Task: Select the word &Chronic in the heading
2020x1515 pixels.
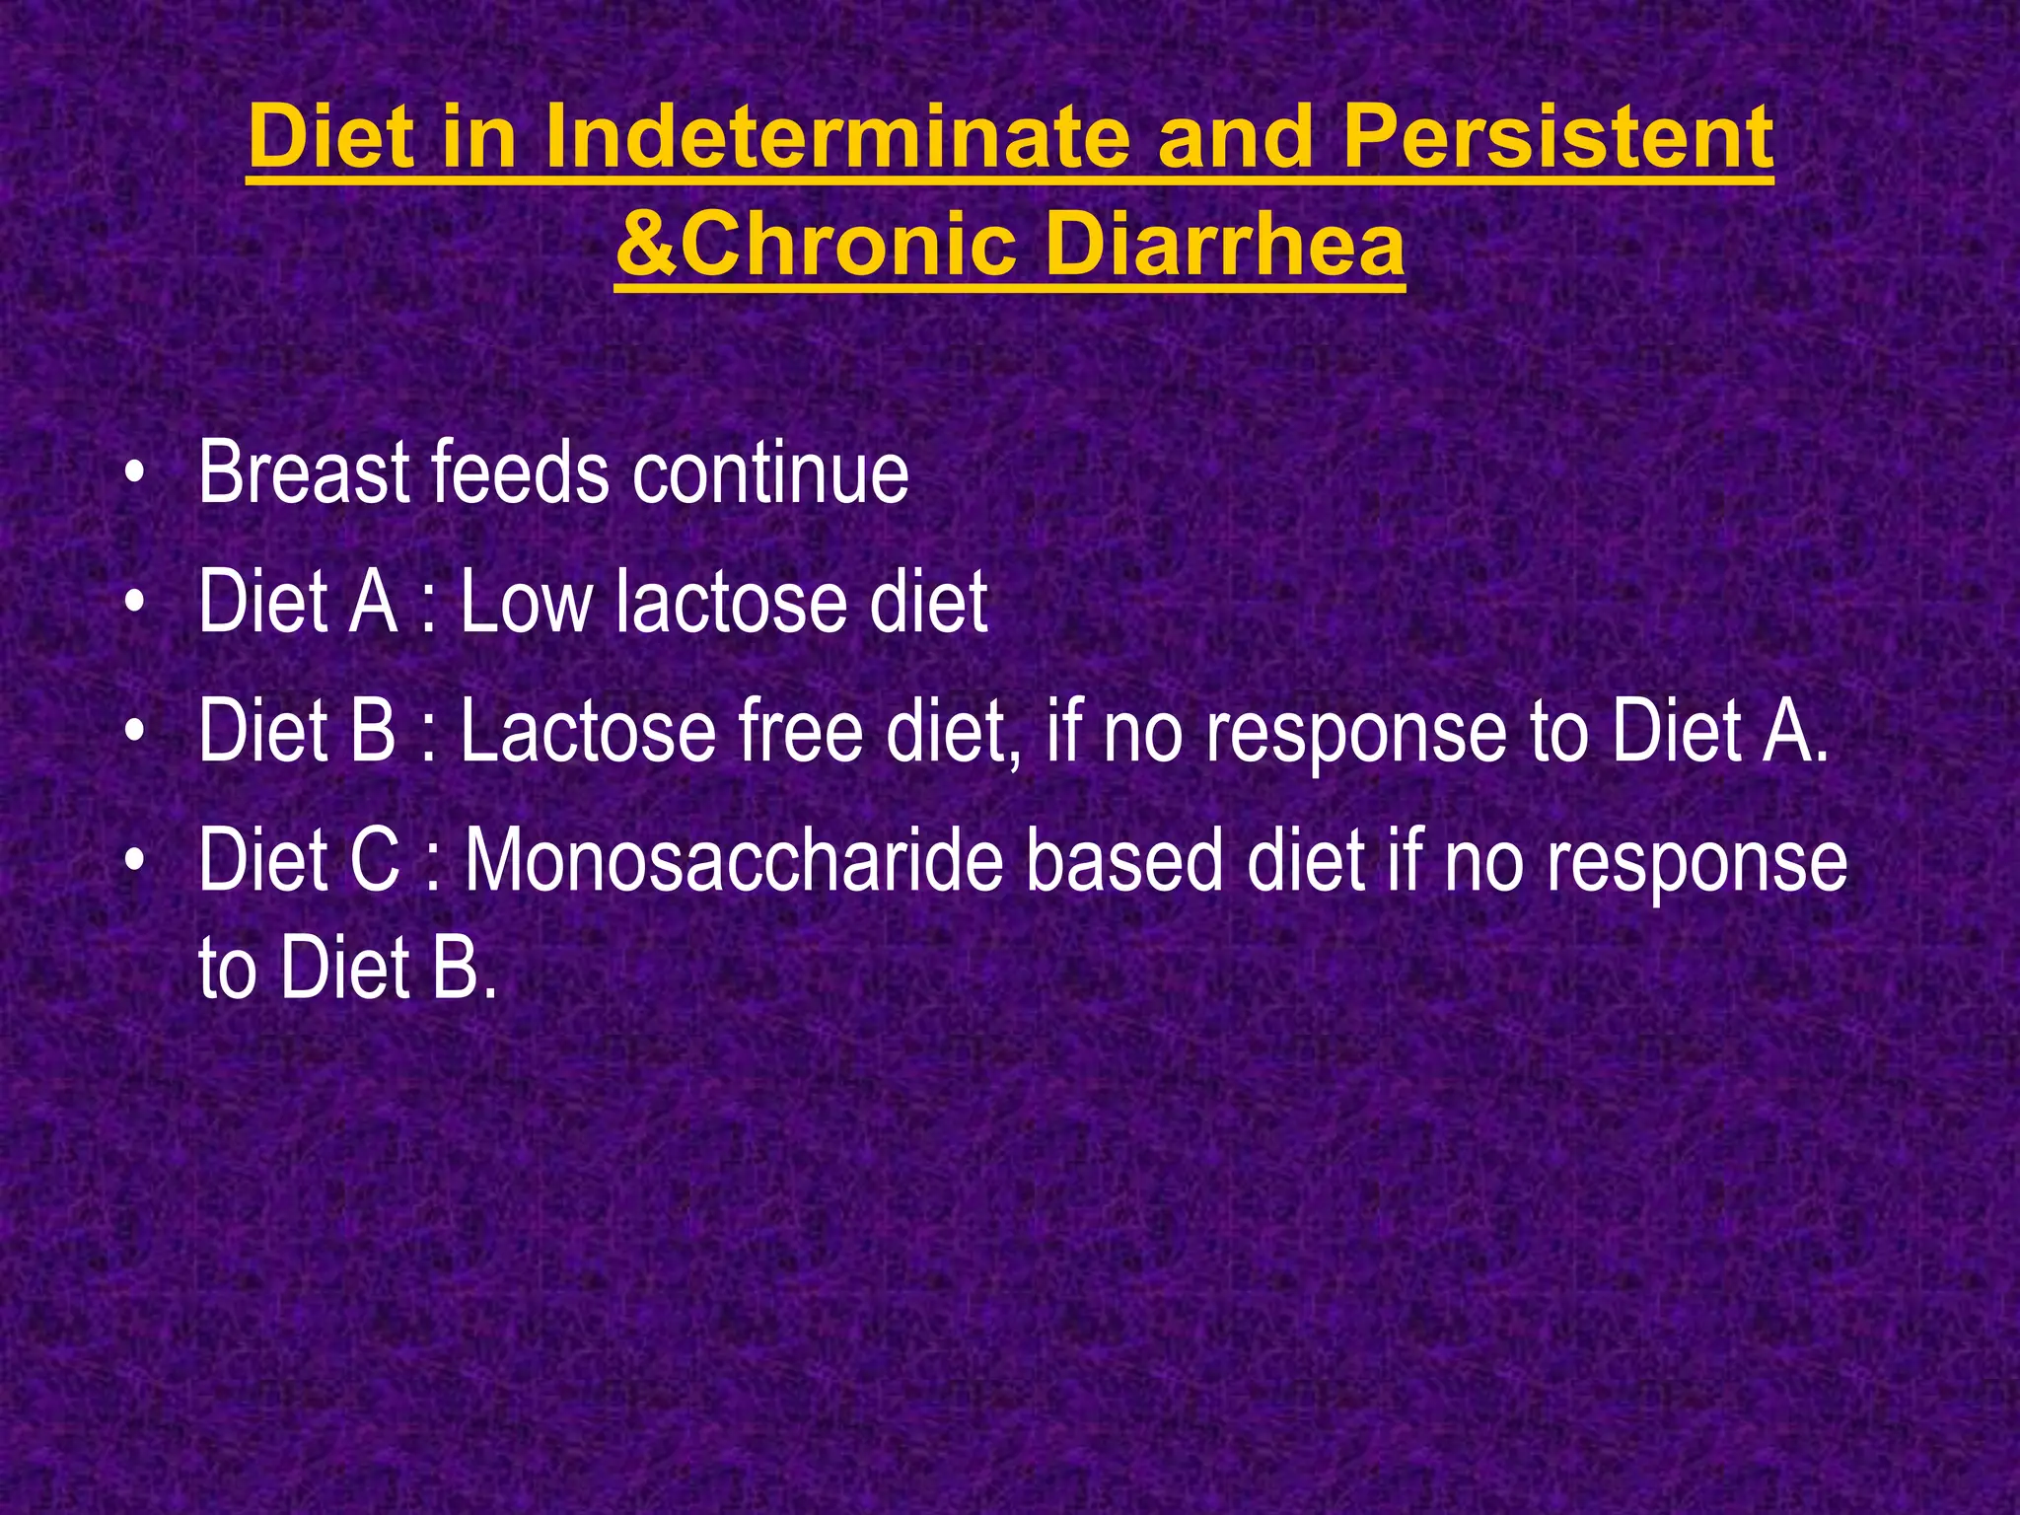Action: pyautogui.click(x=815, y=246)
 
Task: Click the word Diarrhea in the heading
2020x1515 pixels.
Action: pyautogui.click(x=1224, y=246)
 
